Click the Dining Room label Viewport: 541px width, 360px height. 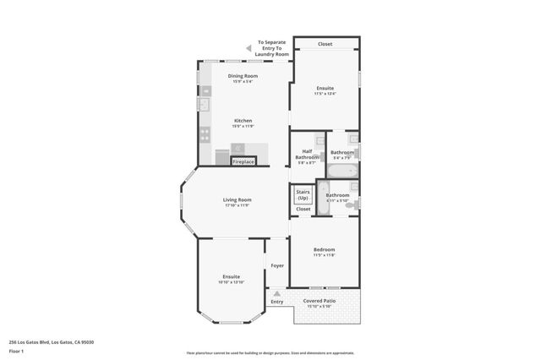pyautogui.click(x=243, y=76)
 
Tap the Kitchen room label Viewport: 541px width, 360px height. pyautogui.click(x=243, y=121)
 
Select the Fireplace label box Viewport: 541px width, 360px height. pyautogui.click(x=243, y=161)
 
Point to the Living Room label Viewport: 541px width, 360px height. pyautogui.click(x=238, y=199)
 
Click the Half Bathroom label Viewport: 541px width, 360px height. pyautogui.click(x=307, y=155)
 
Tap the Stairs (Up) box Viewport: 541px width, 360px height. pyautogui.click(x=303, y=194)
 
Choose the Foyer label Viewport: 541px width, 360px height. pyautogui.click(x=276, y=266)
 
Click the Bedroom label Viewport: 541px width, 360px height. pyautogui.click(x=325, y=249)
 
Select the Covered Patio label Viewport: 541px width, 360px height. pyautogui.click(x=320, y=300)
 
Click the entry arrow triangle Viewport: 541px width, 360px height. pyautogui.click(x=276, y=293)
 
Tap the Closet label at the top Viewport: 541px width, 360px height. pyautogui.click(x=325, y=44)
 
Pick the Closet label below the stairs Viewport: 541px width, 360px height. pyautogui.click(x=303, y=209)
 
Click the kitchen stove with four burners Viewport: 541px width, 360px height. pyautogui.click(x=204, y=134)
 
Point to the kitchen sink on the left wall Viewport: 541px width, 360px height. pyautogui.click(x=203, y=105)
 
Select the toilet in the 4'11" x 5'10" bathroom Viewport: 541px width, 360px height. pyautogui.click(x=353, y=204)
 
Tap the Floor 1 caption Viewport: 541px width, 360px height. pyautogui.click(x=16, y=350)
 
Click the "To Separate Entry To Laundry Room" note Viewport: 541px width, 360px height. pyautogui.click(x=272, y=48)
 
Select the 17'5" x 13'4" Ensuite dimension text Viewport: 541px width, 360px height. pyautogui.click(x=325, y=94)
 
